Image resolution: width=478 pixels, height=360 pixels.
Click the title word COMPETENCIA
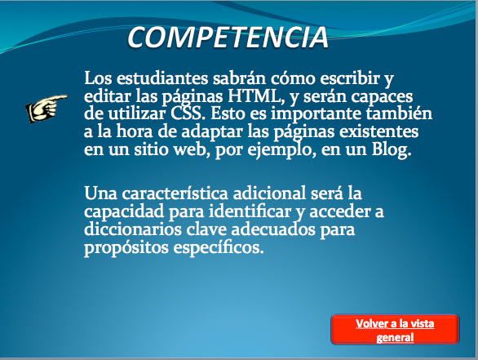(228, 38)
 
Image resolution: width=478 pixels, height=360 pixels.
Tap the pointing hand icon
(46, 108)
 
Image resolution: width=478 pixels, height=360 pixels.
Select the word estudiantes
(162, 78)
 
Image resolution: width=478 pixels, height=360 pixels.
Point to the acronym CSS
(186, 113)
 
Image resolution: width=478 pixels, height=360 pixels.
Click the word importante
(316, 114)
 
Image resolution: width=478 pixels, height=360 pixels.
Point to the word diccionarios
(133, 229)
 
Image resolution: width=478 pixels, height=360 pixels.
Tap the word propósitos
(126, 247)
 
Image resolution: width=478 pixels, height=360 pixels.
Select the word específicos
(219, 247)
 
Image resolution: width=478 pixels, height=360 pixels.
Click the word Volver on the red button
(368, 324)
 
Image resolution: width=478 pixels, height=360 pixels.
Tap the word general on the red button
(395, 338)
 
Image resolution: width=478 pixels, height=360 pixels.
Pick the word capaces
(382, 96)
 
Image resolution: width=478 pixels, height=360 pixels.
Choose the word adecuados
(273, 229)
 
